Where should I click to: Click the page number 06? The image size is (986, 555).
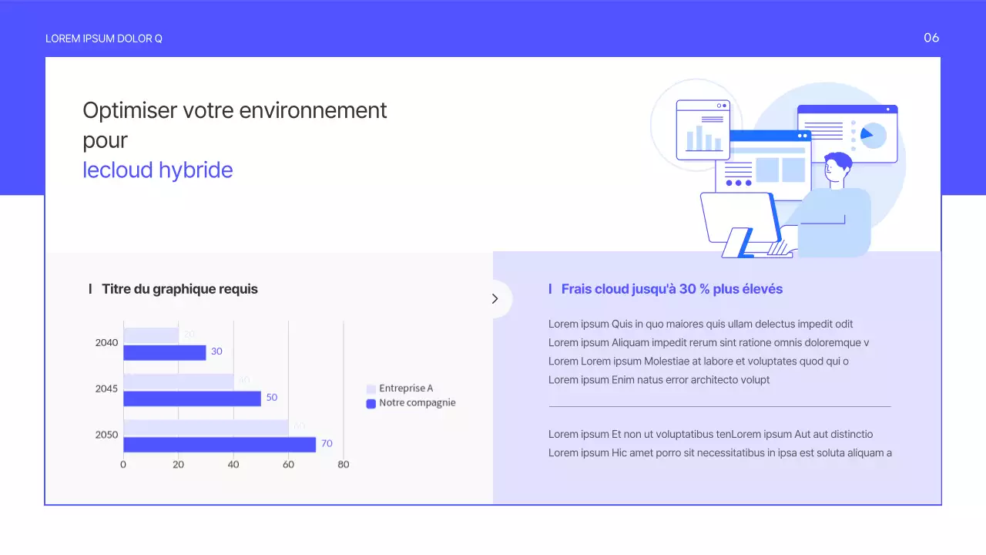[x=931, y=38]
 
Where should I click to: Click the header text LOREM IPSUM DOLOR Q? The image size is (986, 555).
[x=104, y=39]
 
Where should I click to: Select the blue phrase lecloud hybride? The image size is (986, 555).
[x=158, y=170]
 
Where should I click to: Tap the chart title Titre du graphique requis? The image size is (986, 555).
[x=179, y=289]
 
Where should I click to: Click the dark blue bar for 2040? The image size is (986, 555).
[x=165, y=352]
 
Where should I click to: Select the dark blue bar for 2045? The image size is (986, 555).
[x=193, y=399]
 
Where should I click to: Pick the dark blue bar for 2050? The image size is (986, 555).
[x=220, y=445]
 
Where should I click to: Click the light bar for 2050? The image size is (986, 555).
[x=206, y=427]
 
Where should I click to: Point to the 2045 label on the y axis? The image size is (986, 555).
[x=106, y=388]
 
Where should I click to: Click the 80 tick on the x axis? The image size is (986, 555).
[x=344, y=465]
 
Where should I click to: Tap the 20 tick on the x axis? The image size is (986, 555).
[x=178, y=465]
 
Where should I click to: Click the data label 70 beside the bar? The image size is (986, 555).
[x=327, y=444]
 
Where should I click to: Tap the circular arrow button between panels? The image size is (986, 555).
[x=495, y=299]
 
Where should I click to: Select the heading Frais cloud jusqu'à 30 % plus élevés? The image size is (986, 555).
[x=672, y=289]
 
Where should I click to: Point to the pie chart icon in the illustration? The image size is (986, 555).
[x=872, y=136]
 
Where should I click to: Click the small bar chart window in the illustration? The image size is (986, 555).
[x=703, y=129]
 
